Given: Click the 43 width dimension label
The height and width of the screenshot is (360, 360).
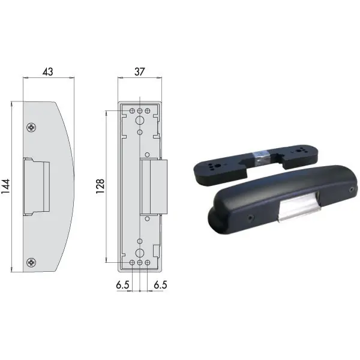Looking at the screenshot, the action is tap(48, 72).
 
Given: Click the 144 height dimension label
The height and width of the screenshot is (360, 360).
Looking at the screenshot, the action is tap(5, 186).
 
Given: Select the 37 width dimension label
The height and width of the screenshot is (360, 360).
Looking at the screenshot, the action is tap(140, 72).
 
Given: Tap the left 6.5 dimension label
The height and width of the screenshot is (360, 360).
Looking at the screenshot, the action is tap(122, 285).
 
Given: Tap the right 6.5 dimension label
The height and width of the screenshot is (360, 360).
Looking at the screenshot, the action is tap(160, 285).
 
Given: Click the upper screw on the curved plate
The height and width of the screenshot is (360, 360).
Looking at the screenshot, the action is tap(31, 127).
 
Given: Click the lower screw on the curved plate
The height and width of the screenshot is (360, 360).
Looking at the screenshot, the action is tap(31, 262).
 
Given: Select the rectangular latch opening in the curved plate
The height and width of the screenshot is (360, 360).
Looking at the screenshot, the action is tap(36, 187).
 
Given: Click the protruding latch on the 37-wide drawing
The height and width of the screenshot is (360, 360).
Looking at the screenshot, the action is tap(154, 187).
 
